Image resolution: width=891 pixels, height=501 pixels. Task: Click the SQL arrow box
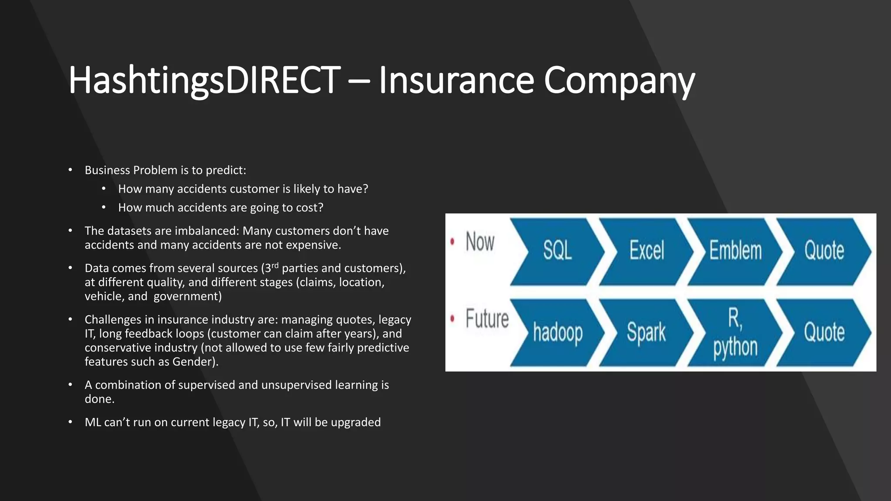[x=557, y=251]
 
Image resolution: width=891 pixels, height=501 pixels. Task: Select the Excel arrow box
[x=646, y=251]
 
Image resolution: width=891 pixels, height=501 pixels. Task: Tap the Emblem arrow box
[x=735, y=251]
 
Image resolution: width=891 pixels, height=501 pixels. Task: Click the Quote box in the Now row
[x=824, y=251]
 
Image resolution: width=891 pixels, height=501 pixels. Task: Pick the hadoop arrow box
[x=557, y=333]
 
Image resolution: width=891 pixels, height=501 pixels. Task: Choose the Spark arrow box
[x=646, y=333]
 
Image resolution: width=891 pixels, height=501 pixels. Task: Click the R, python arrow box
[x=735, y=333]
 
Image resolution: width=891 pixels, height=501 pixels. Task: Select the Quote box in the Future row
[x=824, y=333]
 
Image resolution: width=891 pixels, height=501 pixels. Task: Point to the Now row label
[x=480, y=242]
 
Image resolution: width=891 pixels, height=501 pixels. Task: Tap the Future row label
[x=487, y=319]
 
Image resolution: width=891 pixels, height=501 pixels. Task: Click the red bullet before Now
[x=452, y=241]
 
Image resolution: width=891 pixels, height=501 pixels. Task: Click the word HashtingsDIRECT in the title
[x=204, y=80]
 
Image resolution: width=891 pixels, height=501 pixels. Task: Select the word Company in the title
[x=619, y=80]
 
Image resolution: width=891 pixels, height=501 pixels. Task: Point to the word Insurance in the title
[x=456, y=80]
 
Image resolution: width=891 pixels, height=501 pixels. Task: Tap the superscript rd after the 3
[x=275, y=265]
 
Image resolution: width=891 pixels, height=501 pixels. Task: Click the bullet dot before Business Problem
[x=70, y=170]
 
